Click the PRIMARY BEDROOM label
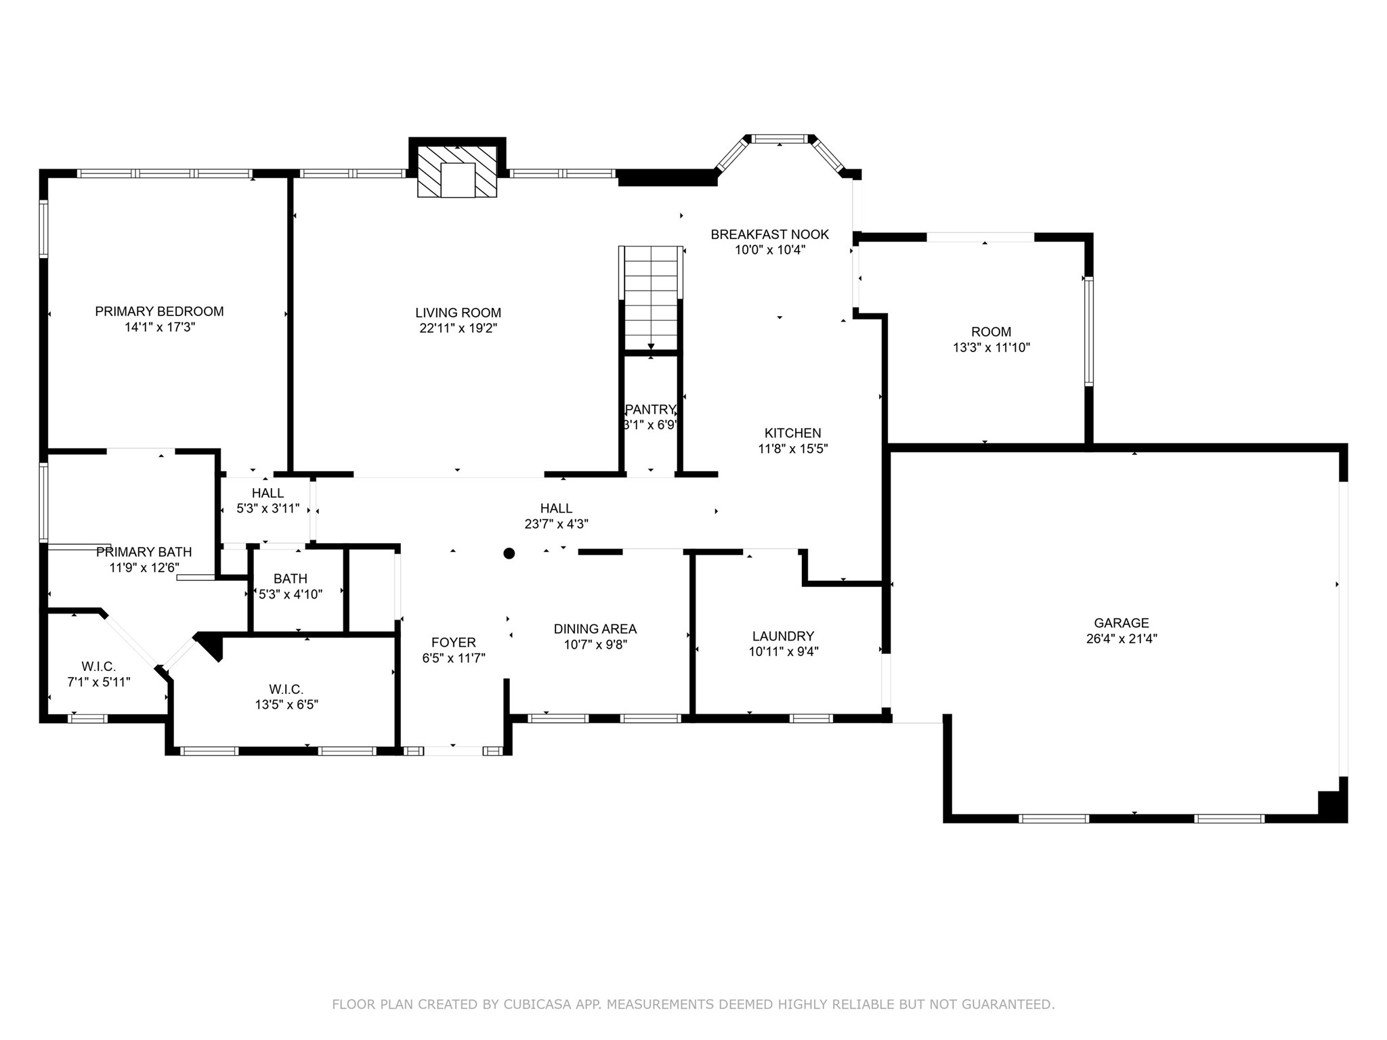pos(159,311)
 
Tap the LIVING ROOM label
pos(458,313)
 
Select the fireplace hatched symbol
pos(457,171)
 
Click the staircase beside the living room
pos(651,298)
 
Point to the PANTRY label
pos(650,410)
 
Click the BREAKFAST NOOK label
pos(770,234)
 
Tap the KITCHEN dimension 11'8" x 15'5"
pos(793,448)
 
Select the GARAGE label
pos(1122,623)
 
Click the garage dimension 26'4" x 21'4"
pos(1122,638)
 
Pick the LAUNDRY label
pos(783,636)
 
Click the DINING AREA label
pos(595,629)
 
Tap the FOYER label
pos(454,643)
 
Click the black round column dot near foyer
pos(509,553)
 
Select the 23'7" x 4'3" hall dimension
pos(557,524)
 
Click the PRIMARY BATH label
pos(144,552)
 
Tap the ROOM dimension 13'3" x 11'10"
pos(991,348)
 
